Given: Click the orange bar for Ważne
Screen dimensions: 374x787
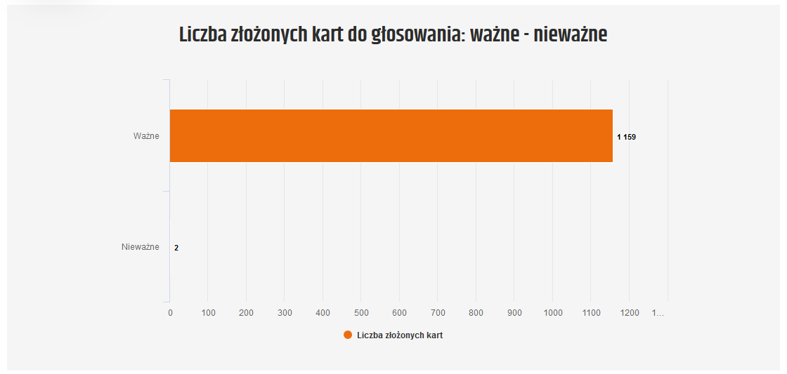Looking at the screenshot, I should [391, 135].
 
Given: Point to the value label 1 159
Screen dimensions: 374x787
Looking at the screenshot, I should [626, 137].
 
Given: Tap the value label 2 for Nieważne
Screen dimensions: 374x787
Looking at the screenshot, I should [176, 248].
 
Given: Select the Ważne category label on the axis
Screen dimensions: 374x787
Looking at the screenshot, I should [146, 135].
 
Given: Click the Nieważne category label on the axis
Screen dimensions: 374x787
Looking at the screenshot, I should [141, 247].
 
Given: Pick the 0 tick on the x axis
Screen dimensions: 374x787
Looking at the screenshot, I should [170, 313].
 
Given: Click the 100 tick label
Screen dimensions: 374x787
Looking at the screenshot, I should [208, 313].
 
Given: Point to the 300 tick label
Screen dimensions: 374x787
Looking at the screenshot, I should [285, 313].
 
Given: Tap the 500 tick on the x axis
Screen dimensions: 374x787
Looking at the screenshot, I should [361, 313].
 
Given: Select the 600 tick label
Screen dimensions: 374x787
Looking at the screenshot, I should [399, 313].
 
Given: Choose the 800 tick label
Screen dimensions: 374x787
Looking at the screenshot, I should [476, 313].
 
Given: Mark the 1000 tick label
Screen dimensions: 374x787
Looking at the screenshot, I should [552, 313].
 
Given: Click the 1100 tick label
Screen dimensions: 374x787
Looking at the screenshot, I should [591, 313].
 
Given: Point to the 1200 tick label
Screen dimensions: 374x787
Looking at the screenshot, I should [629, 313].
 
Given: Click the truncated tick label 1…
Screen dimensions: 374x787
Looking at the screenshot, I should [658, 313].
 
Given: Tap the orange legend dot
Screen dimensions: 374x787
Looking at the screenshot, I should [348, 335].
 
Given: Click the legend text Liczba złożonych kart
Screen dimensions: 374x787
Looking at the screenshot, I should [400, 335].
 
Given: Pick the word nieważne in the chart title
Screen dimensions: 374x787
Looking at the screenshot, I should [570, 34].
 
